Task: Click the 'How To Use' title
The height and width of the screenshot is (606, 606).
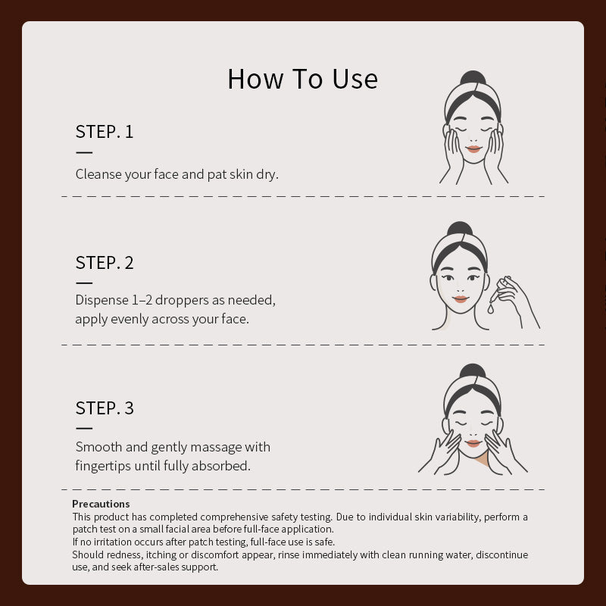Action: [x=302, y=79]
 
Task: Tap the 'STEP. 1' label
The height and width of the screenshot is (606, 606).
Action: [x=105, y=131]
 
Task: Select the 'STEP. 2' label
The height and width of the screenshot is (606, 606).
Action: [x=105, y=263]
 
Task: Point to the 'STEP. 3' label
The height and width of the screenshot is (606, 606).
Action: [x=105, y=408]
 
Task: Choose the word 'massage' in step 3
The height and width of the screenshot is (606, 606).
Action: [x=216, y=448]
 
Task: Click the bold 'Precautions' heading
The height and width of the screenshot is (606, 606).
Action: [x=101, y=504]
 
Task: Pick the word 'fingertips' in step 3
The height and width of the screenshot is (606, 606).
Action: [x=103, y=466]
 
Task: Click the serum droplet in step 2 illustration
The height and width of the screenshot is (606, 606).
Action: [x=490, y=309]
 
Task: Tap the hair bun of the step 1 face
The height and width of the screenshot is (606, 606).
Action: [x=473, y=78]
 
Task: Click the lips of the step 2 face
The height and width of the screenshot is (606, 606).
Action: [x=461, y=299]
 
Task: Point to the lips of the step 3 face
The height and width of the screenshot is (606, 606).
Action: [x=473, y=443]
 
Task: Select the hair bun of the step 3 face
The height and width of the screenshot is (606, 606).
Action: [x=473, y=371]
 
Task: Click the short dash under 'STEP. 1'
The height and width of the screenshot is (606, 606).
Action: [x=84, y=153]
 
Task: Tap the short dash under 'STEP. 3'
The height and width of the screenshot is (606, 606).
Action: [x=84, y=428]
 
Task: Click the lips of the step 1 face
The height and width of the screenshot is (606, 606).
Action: [x=473, y=148]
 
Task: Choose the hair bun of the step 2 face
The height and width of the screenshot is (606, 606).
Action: [x=460, y=229]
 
